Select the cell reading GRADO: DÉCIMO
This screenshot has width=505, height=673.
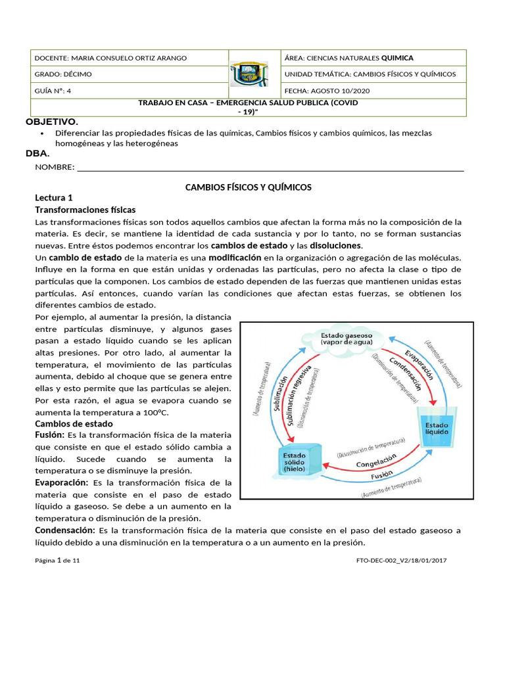[63, 74]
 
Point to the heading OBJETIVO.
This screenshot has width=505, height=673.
[51, 122]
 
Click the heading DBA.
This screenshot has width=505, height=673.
[37, 154]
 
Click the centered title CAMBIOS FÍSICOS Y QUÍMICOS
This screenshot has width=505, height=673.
[249, 187]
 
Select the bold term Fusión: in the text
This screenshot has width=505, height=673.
[49, 436]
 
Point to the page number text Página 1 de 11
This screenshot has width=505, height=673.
[57, 561]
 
